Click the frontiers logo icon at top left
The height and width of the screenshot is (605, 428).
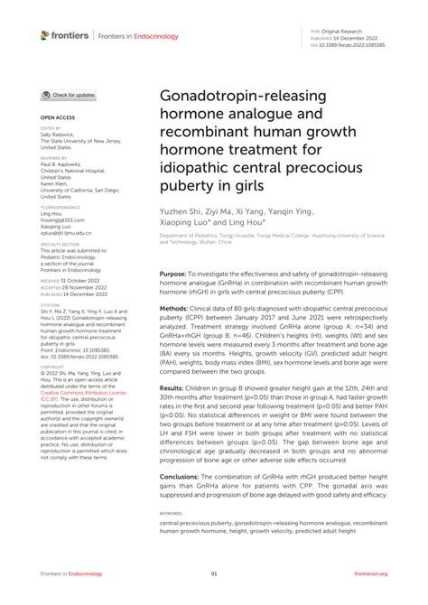[45, 35]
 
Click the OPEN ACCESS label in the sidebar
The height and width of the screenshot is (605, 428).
[55, 117]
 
